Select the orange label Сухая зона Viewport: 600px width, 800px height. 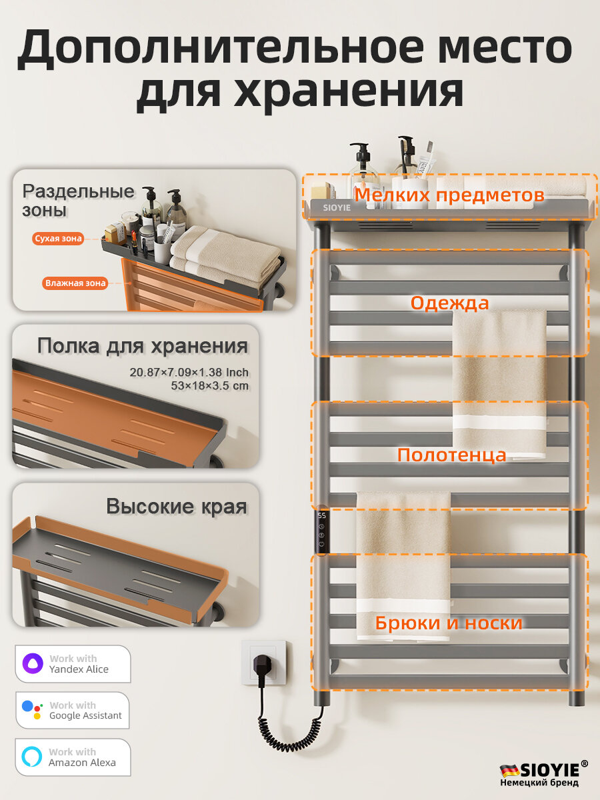58,238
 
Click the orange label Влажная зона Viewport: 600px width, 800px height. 75,283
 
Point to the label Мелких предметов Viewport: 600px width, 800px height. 449,195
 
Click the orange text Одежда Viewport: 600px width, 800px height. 449,303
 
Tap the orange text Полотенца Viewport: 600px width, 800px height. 451,455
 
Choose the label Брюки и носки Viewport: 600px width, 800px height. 448,623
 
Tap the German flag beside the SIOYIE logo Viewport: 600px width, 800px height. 509,770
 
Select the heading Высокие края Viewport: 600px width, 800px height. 177,507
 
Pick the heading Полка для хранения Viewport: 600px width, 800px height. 143,346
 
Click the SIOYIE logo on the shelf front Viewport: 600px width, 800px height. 337,207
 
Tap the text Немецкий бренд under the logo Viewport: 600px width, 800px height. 539,783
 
